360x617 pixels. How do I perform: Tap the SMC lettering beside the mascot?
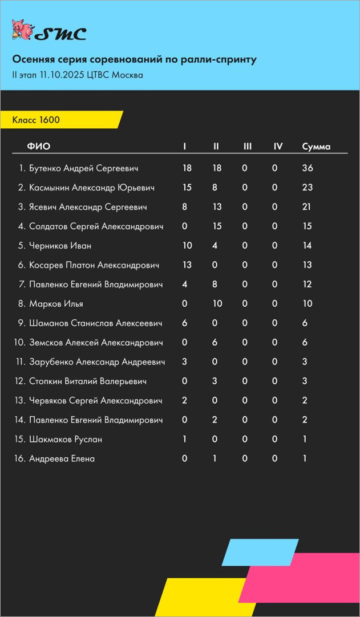pos(60,34)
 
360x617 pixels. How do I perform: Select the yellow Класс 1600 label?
pos(37,120)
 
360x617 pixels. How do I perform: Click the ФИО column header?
pos(38,147)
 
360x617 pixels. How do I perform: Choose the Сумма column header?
pos(316,147)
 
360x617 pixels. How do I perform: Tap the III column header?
pos(247,147)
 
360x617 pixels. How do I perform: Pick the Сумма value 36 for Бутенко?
pos(308,168)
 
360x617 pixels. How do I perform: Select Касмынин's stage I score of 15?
pos(187,188)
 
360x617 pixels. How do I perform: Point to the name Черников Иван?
pos(60,246)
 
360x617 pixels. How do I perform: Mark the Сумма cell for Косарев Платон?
pos(307,265)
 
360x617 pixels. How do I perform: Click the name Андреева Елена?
pos(62,459)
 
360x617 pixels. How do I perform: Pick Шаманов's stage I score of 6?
pos(184,323)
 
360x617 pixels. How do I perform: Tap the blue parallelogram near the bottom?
pos(260,552)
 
